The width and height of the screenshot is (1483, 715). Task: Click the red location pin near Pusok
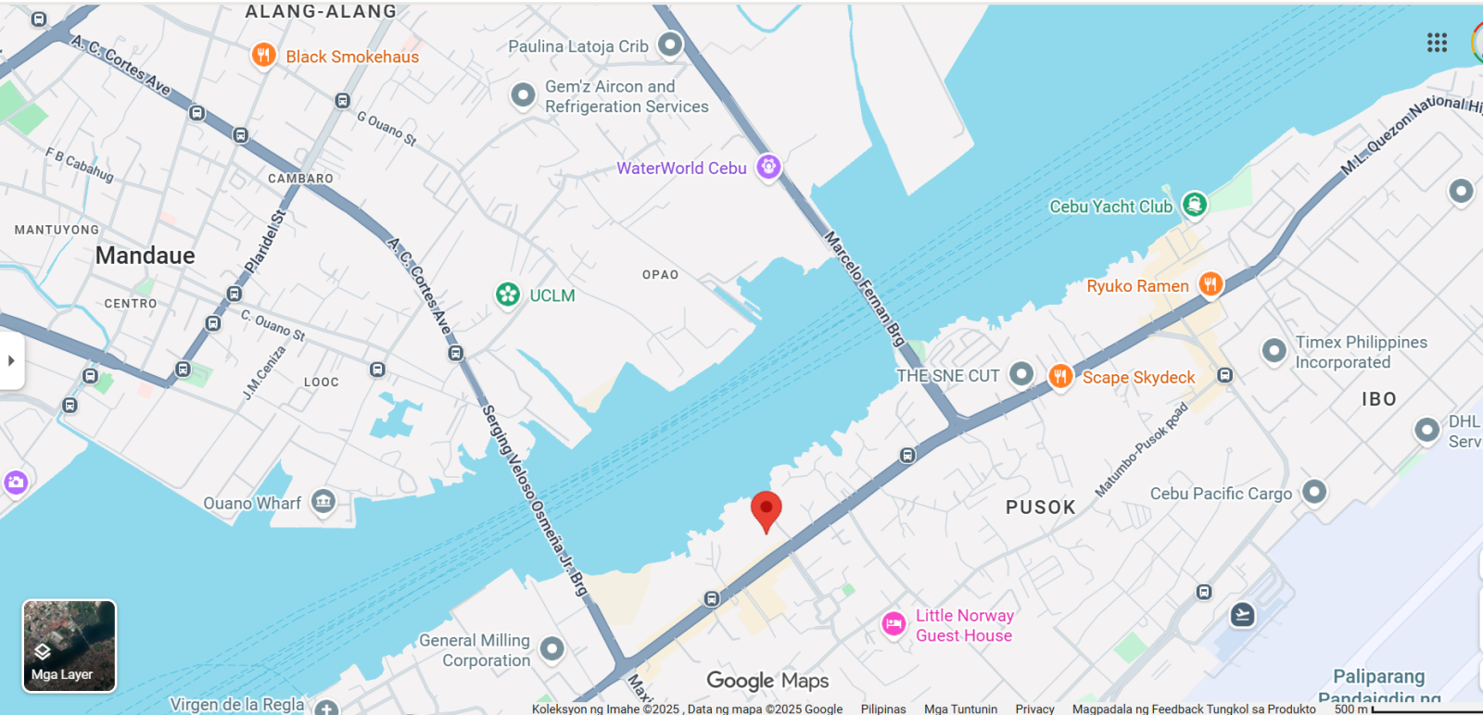point(766,510)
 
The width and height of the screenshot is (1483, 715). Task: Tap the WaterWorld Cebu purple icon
point(768,167)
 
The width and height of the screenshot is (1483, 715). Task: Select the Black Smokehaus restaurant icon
point(263,55)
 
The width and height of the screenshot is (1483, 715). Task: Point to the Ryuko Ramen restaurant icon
point(1210,284)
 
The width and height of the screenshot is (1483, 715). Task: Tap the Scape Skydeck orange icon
point(1060,375)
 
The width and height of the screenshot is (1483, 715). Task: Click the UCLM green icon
point(507,295)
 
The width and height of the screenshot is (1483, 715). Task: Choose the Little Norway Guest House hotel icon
point(894,624)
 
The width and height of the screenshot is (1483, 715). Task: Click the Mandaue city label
point(146,256)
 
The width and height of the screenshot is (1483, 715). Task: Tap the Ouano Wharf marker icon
point(323,501)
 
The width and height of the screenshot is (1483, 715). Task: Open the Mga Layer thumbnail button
point(70,646)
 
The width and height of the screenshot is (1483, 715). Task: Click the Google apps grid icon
point(1437,43)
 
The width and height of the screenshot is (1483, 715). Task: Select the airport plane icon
point(1242,614)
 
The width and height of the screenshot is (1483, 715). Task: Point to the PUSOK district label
point(1040,508)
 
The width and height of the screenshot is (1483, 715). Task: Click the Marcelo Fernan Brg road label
point(864,288)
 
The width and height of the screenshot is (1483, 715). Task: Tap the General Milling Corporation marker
point(552,648)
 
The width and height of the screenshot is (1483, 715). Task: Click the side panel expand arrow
point(11,360)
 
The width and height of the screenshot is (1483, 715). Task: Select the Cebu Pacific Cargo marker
point(1313,492)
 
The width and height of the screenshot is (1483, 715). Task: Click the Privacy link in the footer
point(1034,709)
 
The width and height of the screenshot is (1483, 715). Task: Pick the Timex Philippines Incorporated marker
point(1274,350)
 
